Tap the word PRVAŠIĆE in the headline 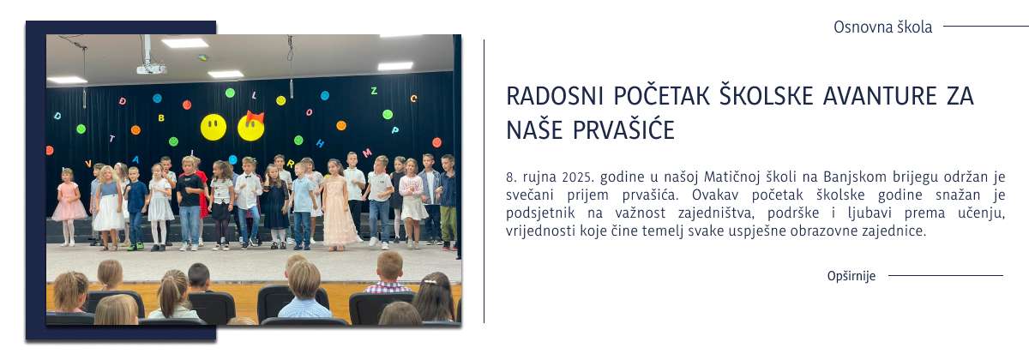coord(632,130)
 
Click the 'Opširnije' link coord(851,276)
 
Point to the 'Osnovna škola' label coord(882,27)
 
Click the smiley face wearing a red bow coord(250,128)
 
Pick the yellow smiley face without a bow coord(214,128)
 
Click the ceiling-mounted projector coord(151,68)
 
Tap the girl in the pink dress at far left coord(68,202)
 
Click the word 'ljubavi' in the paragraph coord(867,213)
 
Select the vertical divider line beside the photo coord(484,180)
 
